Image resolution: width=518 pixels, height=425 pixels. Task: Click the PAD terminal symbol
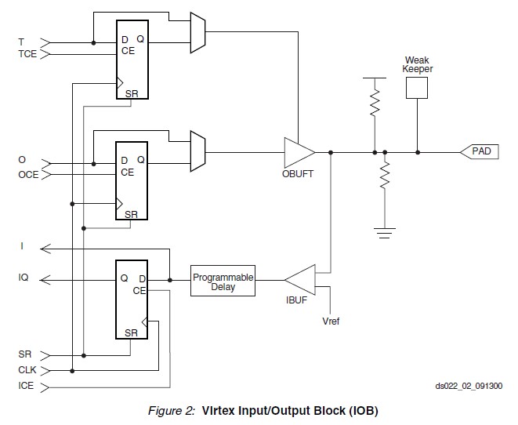[480, 151]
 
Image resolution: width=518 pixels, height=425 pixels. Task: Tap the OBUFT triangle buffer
[299, 152]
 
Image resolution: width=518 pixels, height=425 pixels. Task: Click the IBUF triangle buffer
[300, 280]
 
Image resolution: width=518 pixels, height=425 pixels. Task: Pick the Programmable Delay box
[223, 281]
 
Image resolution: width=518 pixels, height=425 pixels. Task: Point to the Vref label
[331, 321]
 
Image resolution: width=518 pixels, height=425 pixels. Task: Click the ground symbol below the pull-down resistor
[385, 233]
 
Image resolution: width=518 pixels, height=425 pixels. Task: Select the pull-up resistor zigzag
[375, 103]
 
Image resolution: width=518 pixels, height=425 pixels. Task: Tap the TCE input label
[27, 54]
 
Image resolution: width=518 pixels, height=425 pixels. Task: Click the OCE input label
[28, 175]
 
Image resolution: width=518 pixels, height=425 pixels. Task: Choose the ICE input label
[26, 386]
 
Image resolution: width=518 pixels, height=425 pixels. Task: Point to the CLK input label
[27, 370]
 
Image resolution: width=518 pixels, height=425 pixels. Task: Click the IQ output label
[24, 278]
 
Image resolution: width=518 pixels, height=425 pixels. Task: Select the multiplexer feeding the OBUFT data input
[198, 151]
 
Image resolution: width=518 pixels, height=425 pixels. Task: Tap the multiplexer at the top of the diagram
[198, 33]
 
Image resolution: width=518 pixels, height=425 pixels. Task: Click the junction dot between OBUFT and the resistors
[331, 152]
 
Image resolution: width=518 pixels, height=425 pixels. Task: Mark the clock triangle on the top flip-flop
[120, 83]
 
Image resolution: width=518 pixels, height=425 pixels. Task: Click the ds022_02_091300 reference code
[469, 386]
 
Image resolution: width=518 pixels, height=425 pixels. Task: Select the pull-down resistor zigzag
[385, 176]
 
